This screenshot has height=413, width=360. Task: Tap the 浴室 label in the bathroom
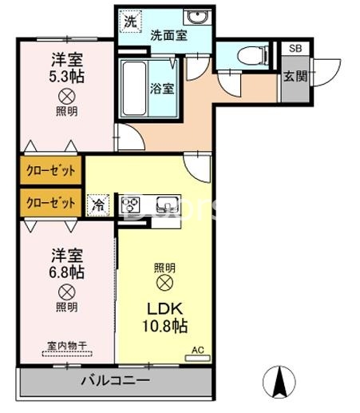(162, 88)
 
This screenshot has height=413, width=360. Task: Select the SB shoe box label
(295, 49)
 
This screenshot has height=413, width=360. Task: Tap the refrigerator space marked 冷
(97, 205)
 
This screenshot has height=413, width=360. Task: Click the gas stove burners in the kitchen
(131, 205)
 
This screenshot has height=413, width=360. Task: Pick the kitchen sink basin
(167, 204)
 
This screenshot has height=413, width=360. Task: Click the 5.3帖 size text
(67, 77)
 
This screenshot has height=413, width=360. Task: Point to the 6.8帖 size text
(65, 272)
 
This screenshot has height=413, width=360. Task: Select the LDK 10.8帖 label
(164, 317)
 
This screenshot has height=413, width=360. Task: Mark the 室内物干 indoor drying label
(66, 345)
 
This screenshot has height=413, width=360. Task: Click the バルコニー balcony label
(114, 380)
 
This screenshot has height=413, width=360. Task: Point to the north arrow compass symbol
(280, 379)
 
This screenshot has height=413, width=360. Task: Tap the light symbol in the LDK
(164, 284)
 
